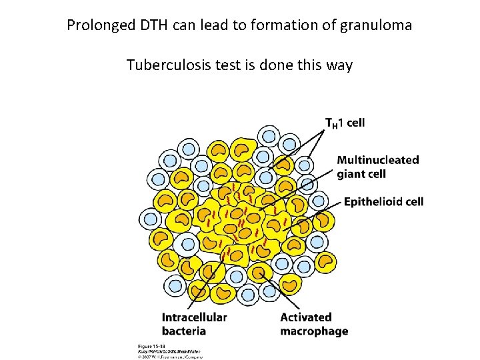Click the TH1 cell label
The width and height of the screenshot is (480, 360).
pyautogui.click(x=345, y=123)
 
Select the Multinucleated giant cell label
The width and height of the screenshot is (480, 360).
pyautogui.click(x=377, y=167)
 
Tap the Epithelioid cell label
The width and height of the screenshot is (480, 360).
pyautogui.click(x=383, y=202)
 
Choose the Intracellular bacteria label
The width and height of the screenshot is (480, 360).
pyautogui.click(x=194, y=324)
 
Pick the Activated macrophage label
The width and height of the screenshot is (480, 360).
pyautogui.click(x=314, y=324)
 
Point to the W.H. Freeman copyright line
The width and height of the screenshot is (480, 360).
pyautogui.click(x=170, y=356)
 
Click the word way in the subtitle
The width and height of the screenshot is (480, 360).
pyautogui.click(x=339, y=65)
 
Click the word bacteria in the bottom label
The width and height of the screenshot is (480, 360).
pyautogui.click(x=183, y=331)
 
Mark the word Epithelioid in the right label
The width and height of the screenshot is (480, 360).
pyautogui.click(x=372, y=202)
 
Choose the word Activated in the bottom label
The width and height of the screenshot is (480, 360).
pyautogui.click(x=306, y=317)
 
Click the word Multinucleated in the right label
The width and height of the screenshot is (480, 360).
pyautogui.click(x=377, y=160)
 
